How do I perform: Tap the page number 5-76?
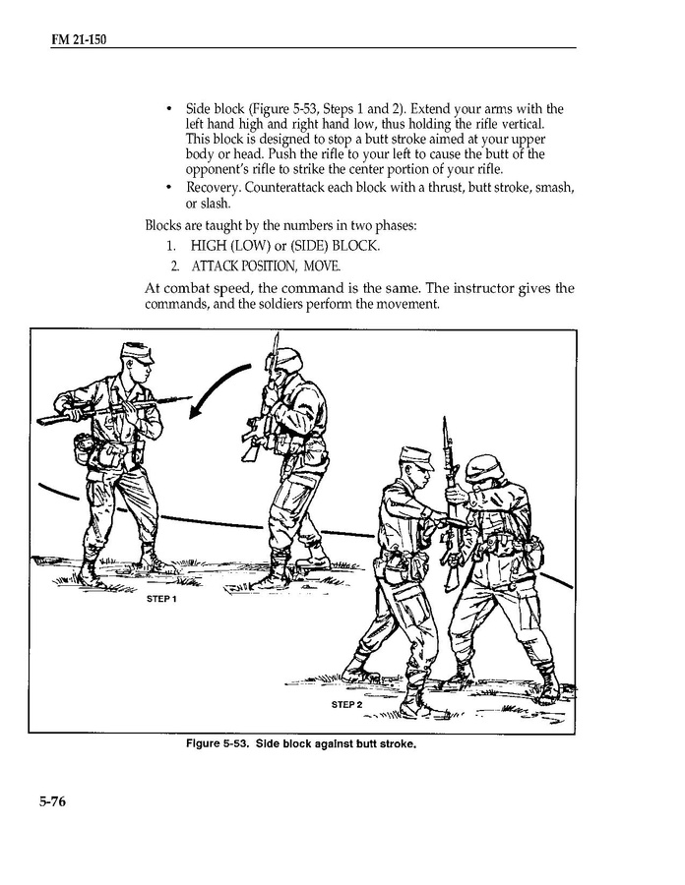(45, 801)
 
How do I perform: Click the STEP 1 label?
(161, 600)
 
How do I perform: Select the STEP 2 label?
(346, 705)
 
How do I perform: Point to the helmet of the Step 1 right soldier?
(287, 358)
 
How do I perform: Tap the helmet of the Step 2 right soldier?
(484, 468)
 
